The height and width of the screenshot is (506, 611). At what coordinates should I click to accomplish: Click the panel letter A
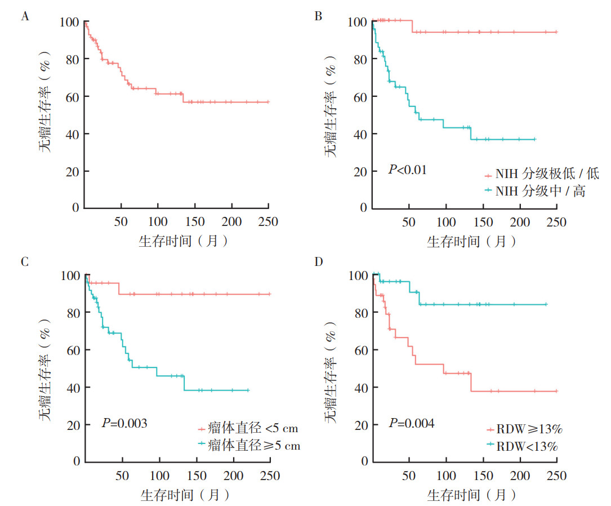coord(25,16)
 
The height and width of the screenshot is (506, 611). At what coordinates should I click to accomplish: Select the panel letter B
coord(318,16)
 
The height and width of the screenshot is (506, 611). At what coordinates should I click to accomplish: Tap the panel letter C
coord(25,262)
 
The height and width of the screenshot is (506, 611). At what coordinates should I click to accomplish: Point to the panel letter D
coord(318,262)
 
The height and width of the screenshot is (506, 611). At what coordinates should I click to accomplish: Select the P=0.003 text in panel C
coord(124,423)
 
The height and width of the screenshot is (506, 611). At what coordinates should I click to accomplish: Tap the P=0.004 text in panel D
coord(411,423)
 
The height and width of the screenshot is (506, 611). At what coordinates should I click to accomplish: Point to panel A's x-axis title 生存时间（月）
coord(184,241)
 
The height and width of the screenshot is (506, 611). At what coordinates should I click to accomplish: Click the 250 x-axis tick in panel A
coord(268,222)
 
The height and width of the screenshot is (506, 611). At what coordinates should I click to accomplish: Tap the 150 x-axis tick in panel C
coord(195,476)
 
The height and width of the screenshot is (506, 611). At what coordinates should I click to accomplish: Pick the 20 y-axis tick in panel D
coord(362,425)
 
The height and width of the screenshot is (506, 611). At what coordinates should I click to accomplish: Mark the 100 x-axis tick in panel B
coord(445,222)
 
